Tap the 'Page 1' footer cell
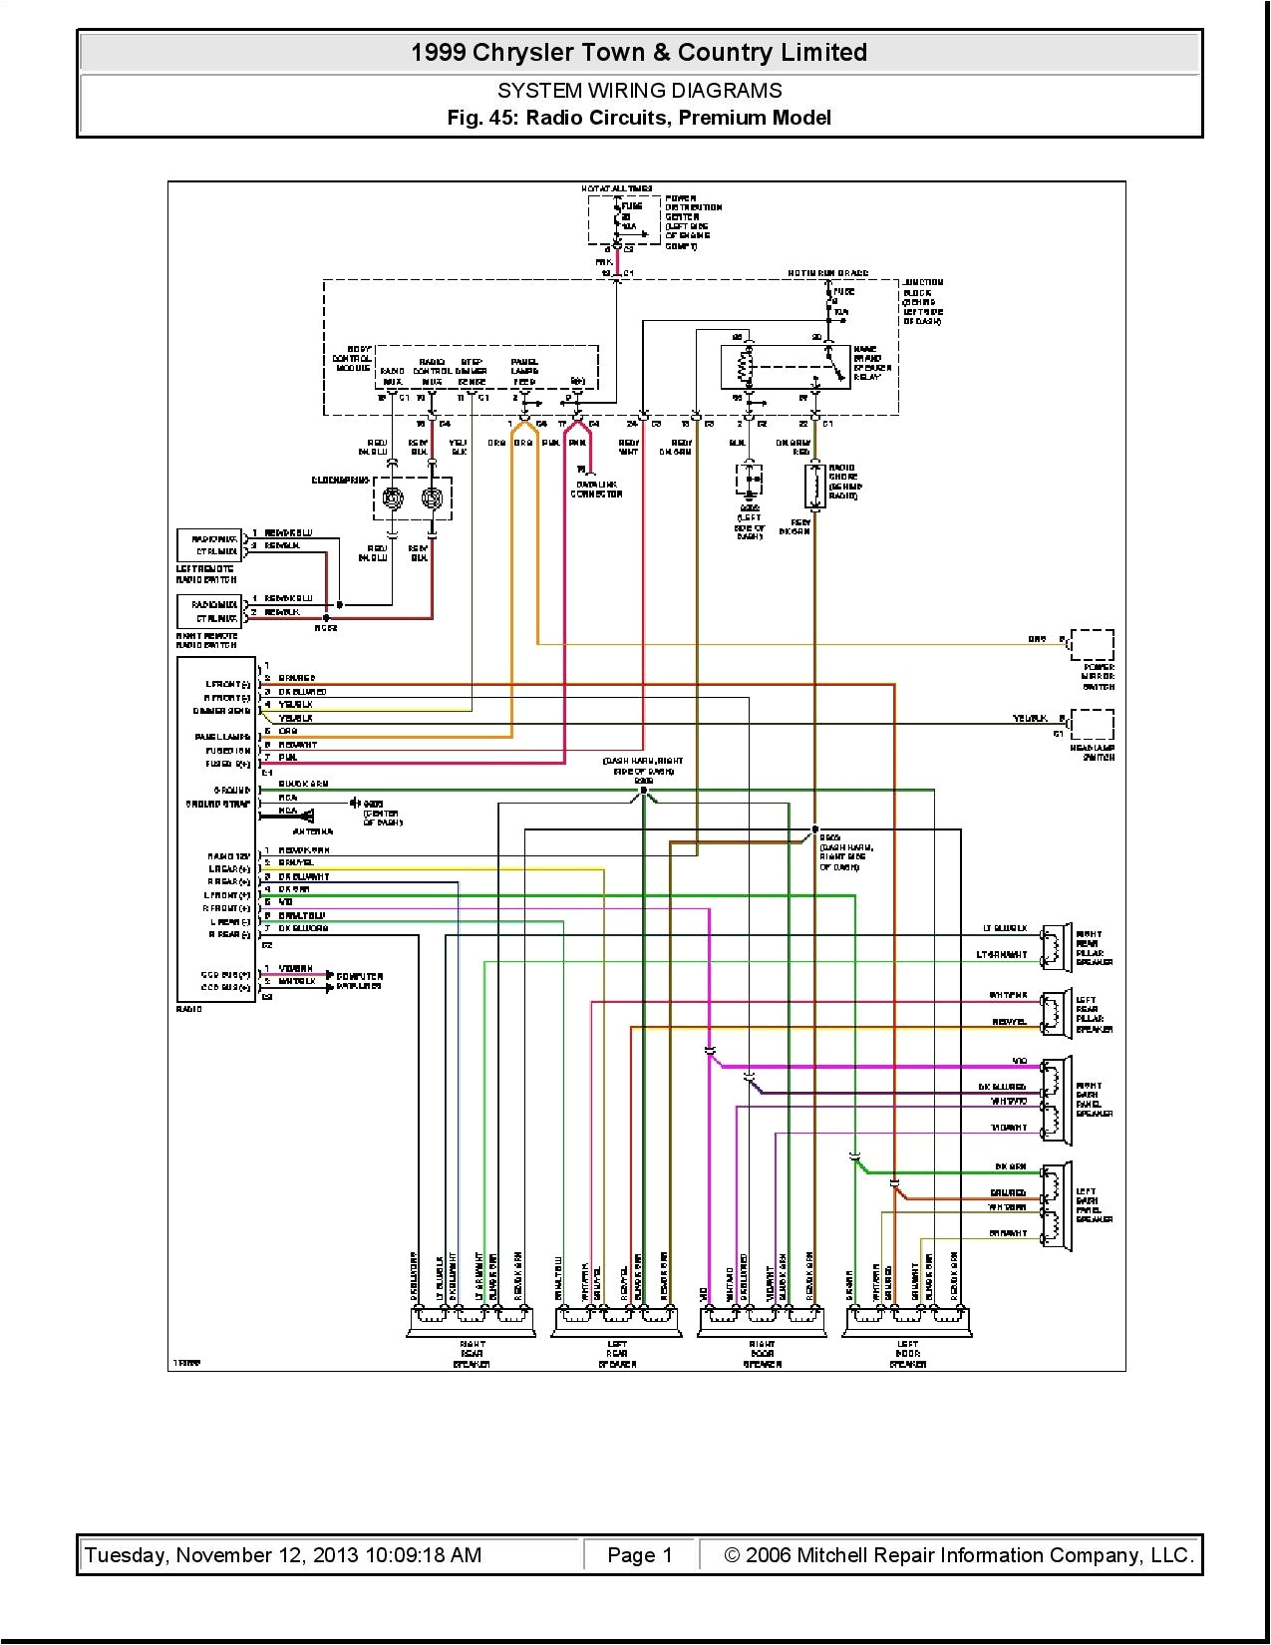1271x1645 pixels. (x=640, y=1555)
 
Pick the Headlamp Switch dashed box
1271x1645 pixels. (x=1092, y=725)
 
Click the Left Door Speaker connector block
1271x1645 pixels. (x=907, y=1321)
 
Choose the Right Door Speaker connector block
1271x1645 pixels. (x=762, y=1321)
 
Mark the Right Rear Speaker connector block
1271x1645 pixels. (x=471, y=1321)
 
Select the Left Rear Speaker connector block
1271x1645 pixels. (x=616, y=1321)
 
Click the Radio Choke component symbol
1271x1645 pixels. (x=815, y=486)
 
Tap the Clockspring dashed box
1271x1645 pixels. (x=413, y=497)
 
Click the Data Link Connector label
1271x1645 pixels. (x=595, y=490)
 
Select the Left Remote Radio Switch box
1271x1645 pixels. (x=208, y=545)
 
